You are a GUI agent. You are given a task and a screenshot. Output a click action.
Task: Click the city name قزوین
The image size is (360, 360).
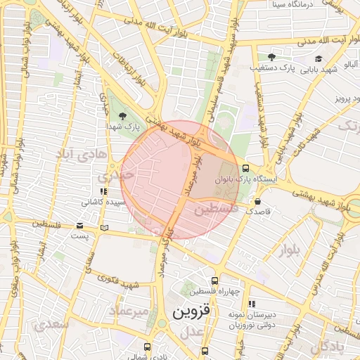coord(191,310)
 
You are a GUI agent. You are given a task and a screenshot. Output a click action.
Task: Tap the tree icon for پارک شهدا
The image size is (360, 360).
coord(124,115)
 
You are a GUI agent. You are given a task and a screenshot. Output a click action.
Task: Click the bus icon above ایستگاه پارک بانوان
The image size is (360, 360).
coord(245,169)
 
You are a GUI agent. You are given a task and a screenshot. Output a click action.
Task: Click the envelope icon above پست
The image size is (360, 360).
coord(79,226)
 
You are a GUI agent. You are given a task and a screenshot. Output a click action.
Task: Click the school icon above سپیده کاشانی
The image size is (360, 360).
coord(103,191)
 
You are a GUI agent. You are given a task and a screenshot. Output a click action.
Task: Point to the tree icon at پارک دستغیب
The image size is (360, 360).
coord(273,57)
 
